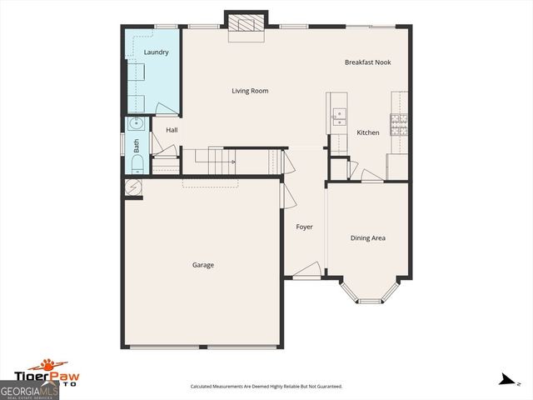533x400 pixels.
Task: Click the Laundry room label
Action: point(156,52)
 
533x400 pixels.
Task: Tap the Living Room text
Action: point(250,91)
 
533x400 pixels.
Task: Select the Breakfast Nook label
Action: point(367,62)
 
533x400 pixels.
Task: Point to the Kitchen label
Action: point(368,132)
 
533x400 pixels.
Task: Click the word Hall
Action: point(172,130)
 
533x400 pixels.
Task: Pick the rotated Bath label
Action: point(137,144)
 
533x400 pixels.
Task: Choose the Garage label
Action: point(203,265)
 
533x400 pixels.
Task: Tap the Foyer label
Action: point(305,227)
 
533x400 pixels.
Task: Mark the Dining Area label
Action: point(367,238)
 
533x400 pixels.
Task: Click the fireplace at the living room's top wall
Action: point(247,24)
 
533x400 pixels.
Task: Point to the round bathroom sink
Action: point(136,125)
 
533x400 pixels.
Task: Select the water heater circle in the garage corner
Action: point(133,188)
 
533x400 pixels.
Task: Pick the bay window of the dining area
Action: point(367,292)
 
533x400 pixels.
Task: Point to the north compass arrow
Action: point(505,380)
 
